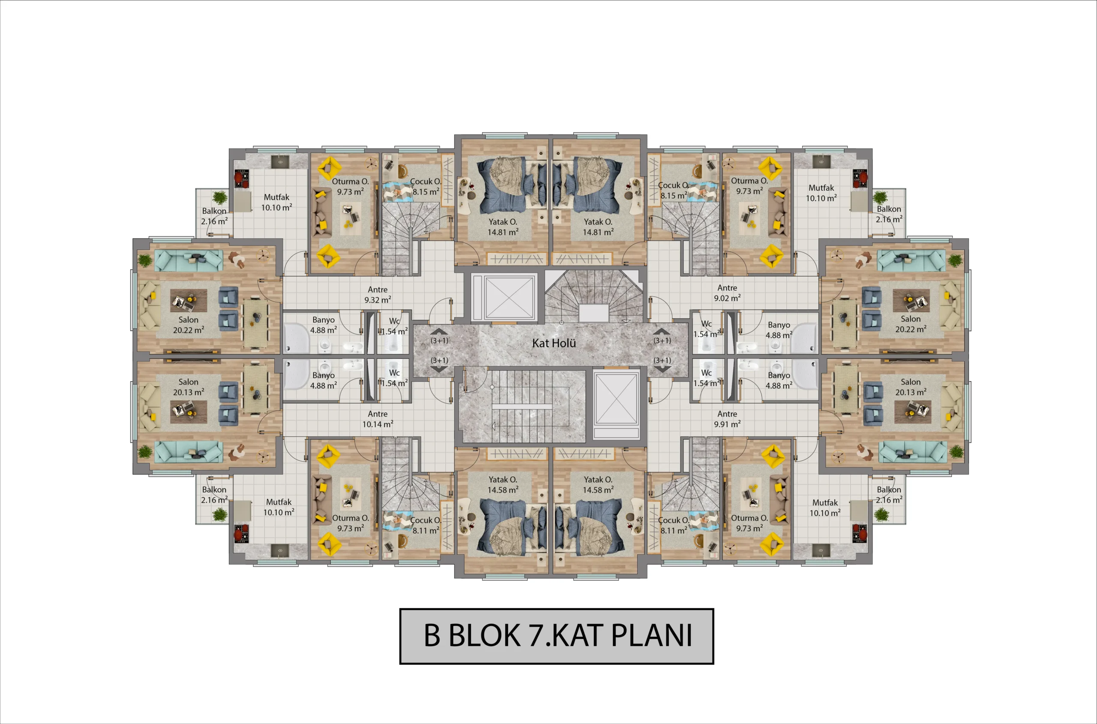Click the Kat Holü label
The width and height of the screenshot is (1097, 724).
pyautogui.click(x=554, y=343)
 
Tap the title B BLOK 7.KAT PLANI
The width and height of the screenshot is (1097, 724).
pyautogui.click(x=557, y=636)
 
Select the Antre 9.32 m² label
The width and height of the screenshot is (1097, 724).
pyautogui.click(x=378, y=294)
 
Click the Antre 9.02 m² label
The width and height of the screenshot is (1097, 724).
pyautogui.click(x=727, y=293)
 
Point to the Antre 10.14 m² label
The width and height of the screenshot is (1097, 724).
pyautogui.click(x=378, y=419)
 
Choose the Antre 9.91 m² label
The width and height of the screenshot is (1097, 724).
pyautogui.click(x=727, y=419)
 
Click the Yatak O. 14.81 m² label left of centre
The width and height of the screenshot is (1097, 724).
pyautogui.click(x=503, y=227)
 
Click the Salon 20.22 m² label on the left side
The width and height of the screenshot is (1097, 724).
pyautogui.click(x=188, y=324)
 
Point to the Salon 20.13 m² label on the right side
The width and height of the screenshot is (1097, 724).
pyautogui.click(x=910, y=387)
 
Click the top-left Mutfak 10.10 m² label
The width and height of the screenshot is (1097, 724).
pyautogui.click(x=276, y=202)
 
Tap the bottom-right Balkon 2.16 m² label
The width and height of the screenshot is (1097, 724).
pyautogui.click(x=889, y=495)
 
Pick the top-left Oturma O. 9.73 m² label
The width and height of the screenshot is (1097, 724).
pyautogui.click(x=350, y=186)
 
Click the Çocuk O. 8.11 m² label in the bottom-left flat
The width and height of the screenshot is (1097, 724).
pyautogui.click(x=426, y=525)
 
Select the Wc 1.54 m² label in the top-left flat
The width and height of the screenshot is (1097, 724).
pyautogui.click(x=394, y=326)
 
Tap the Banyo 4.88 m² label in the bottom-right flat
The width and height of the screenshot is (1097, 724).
pyautogui.click(x=779, y=381)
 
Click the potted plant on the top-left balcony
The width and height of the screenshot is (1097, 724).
pyautogui.click(x=220, y=197)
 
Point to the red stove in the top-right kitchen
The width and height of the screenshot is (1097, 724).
pyautogui.click(x=859, y=179)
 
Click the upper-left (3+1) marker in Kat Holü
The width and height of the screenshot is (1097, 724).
pyautogui.click(x=439, y=340)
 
